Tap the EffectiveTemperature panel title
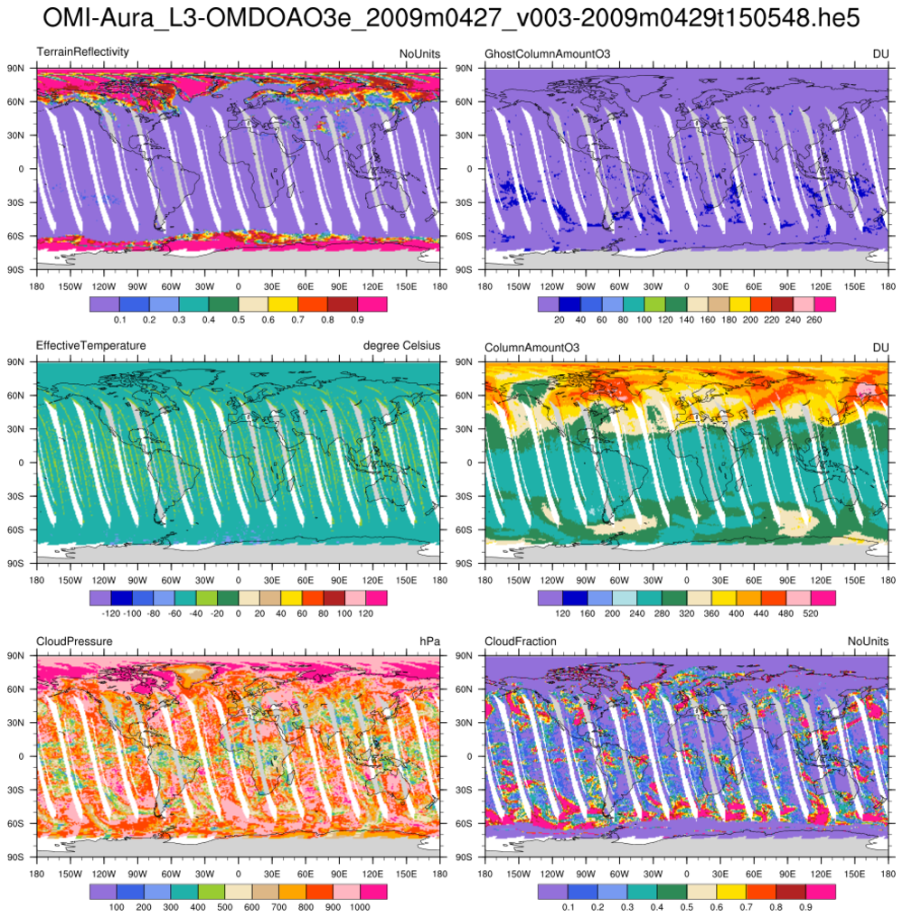click(90, 346)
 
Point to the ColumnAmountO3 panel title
click(532, 346)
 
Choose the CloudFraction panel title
click(521, 641)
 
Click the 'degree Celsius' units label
click(403, 346)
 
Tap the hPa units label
click(429, 641)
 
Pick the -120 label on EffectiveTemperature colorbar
click(111, 614)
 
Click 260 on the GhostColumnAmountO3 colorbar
click(813, 320)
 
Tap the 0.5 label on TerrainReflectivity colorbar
click(239, 320)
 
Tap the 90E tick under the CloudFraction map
click(787, 874)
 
